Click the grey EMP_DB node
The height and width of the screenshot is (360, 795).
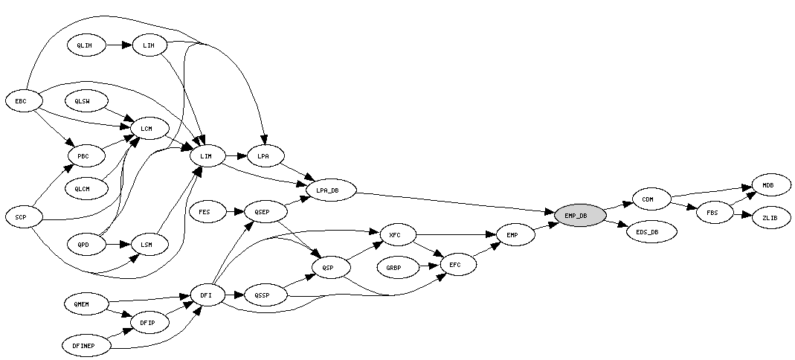580,216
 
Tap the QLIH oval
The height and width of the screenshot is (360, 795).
86,45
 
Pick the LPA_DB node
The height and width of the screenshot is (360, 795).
331,190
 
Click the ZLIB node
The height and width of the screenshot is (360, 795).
771,217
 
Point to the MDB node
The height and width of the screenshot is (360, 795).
771,185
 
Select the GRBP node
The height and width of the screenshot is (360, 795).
399,268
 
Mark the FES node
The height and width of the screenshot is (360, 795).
207,212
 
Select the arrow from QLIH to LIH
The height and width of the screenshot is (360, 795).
119,45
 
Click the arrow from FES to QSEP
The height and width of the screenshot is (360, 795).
235,212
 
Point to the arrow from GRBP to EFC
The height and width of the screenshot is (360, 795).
430,266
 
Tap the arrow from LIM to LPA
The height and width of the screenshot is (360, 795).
236,155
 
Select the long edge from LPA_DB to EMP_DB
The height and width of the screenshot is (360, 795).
455,202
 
